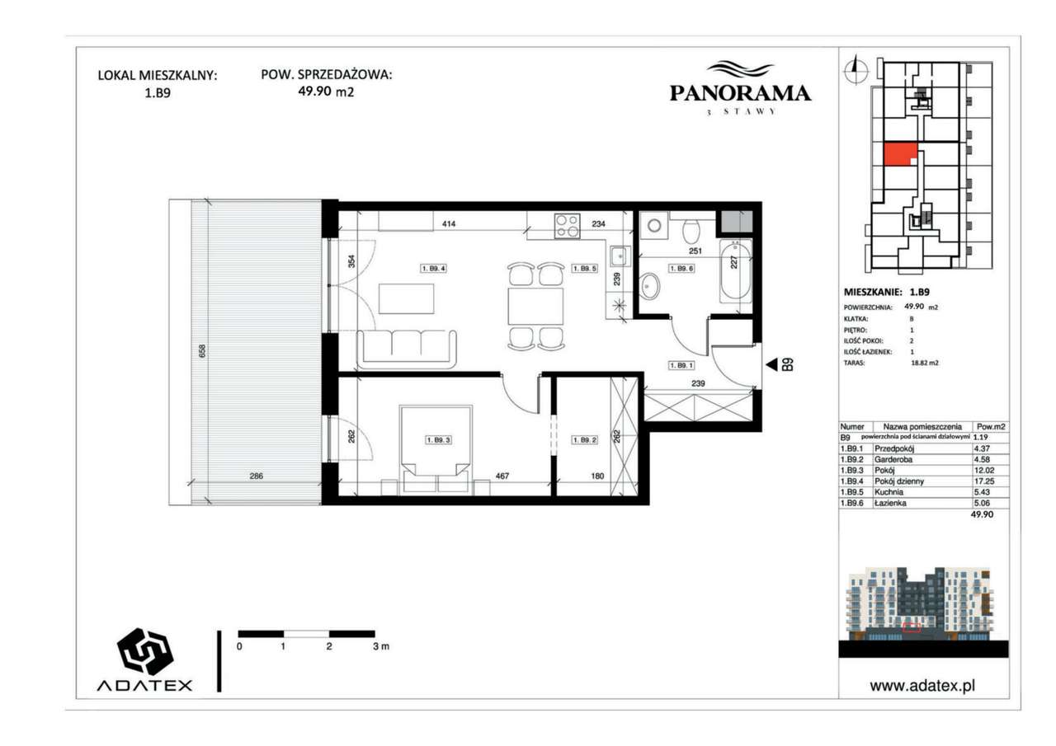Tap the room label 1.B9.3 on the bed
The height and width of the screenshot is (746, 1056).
(x=436, y=440)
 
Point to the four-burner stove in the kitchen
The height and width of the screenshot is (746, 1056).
(x=567, y=225)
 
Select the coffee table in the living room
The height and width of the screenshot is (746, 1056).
(x=407, y=298)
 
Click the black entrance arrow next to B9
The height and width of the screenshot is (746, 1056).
(x=771, y=364)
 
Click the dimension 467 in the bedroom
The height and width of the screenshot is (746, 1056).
(x=503, y=476)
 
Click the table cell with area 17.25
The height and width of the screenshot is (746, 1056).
(x=981, y=478)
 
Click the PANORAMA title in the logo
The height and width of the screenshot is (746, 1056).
(x=739, y=94)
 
